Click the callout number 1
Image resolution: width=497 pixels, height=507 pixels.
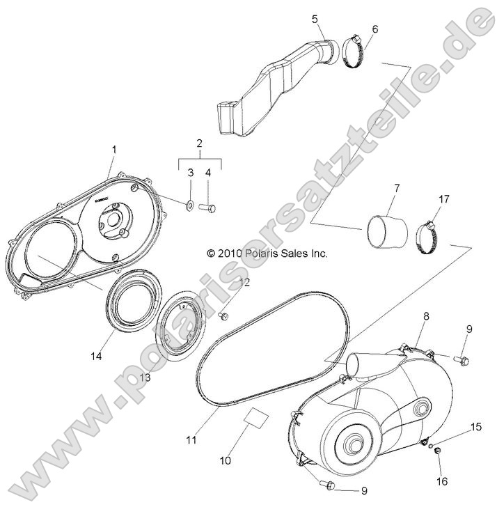(114, 149)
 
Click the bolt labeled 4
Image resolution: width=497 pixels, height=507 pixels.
(207, 206)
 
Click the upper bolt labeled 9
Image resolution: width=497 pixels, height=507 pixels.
(461, 359)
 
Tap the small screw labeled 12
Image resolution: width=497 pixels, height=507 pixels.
(144, 377)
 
